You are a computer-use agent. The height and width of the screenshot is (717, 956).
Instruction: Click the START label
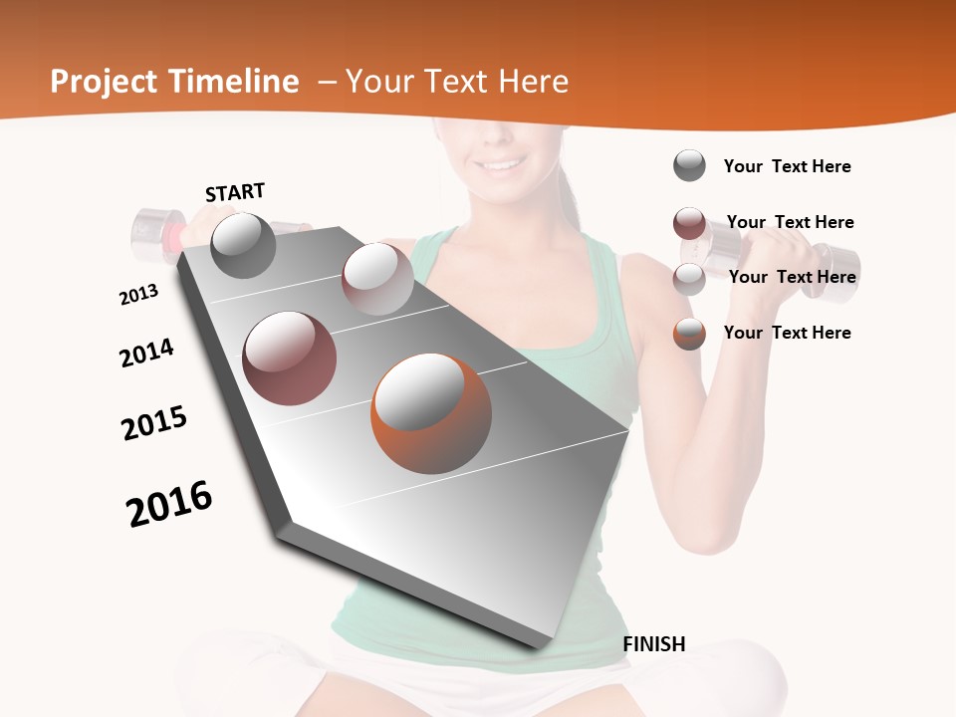(235, 192)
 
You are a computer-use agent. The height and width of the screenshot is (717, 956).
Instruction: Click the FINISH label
(653, 644)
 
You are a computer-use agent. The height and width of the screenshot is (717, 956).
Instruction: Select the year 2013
(139, 295)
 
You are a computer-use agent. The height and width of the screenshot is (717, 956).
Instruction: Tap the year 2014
(146, 353)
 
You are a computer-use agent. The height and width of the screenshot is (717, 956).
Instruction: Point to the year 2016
(169, 503)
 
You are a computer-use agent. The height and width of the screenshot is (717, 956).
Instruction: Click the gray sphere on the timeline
(243, 246)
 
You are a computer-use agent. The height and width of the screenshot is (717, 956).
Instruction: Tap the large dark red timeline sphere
(290, 358)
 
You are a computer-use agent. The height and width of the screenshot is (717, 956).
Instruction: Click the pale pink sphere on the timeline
(377, 279)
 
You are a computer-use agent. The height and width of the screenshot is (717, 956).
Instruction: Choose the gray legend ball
(689, 165)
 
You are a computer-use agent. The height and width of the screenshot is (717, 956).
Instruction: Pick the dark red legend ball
(689, 223)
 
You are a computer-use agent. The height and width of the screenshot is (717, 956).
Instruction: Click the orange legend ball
(689, 334)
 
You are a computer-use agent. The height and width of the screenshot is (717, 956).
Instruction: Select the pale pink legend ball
(689, 279)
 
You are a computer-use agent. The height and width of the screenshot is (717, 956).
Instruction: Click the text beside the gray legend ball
(787, 166)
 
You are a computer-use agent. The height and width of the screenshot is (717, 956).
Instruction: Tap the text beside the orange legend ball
(787, 333)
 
